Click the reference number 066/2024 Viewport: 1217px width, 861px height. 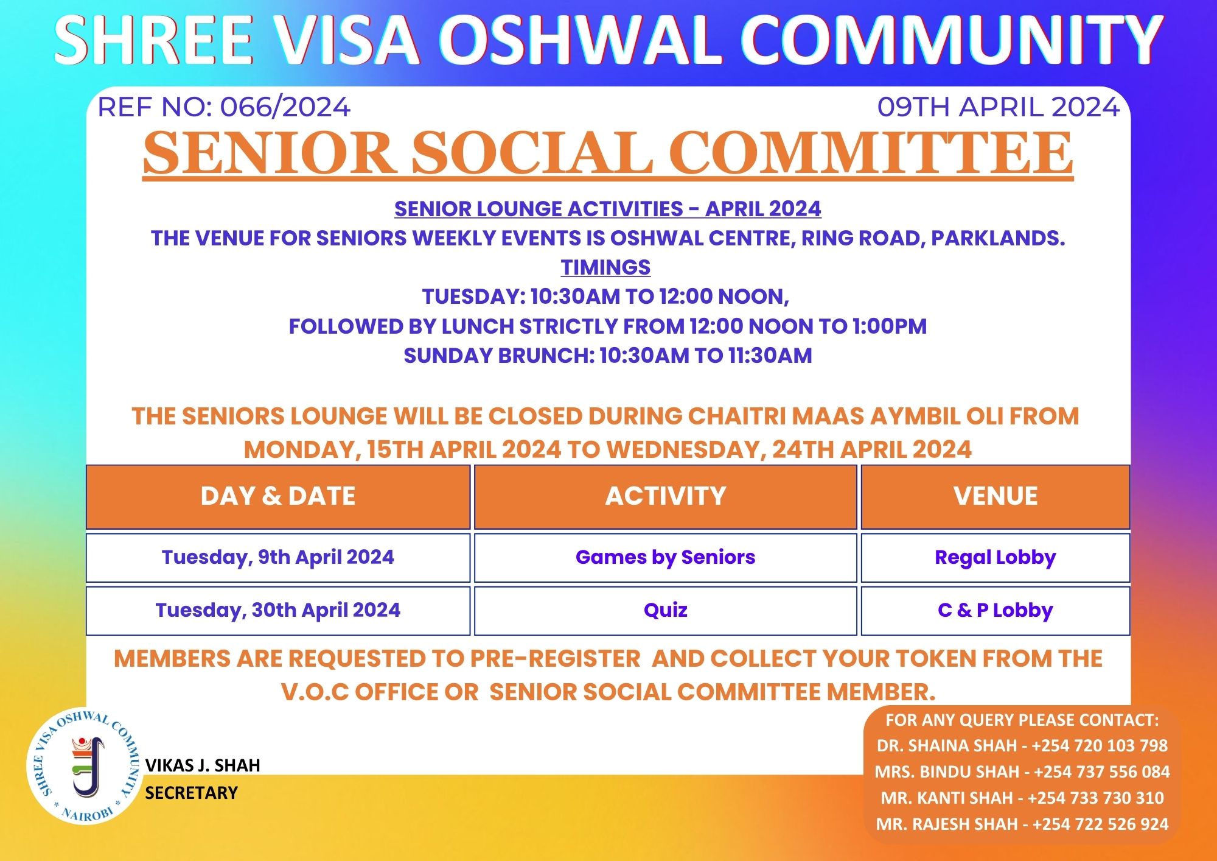[x=285, y=107]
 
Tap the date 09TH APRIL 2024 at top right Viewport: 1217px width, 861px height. [x=999, y=107]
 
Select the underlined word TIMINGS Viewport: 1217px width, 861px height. [x=605, y=267]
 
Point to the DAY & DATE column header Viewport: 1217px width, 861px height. [x=278, y=496]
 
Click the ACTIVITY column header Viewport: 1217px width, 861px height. [x=666, y=496]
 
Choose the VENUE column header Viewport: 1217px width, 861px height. [x=996, y=496]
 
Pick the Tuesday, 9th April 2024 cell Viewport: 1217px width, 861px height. [x=278, y=558]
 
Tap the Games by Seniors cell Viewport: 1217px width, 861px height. [x=666, y=558]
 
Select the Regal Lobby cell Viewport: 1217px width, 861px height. [x=996, y=558]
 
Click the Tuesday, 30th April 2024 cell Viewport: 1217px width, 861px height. [x=278, y=611]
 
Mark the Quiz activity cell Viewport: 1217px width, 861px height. [x=666, y=611]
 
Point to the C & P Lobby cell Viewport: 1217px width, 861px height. [x=996, y=611]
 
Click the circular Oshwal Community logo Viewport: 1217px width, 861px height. [x=84, y=766]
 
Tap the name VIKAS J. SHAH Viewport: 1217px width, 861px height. [x=203, y=765]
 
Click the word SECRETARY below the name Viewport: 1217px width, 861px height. [x=191, y=793]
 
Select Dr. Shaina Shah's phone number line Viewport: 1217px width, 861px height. [x=1022, y=746]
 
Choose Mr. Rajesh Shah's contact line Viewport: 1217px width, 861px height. [x=1022, y=824]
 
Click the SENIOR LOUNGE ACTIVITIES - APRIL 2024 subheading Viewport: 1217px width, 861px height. [x=608, y=209]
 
